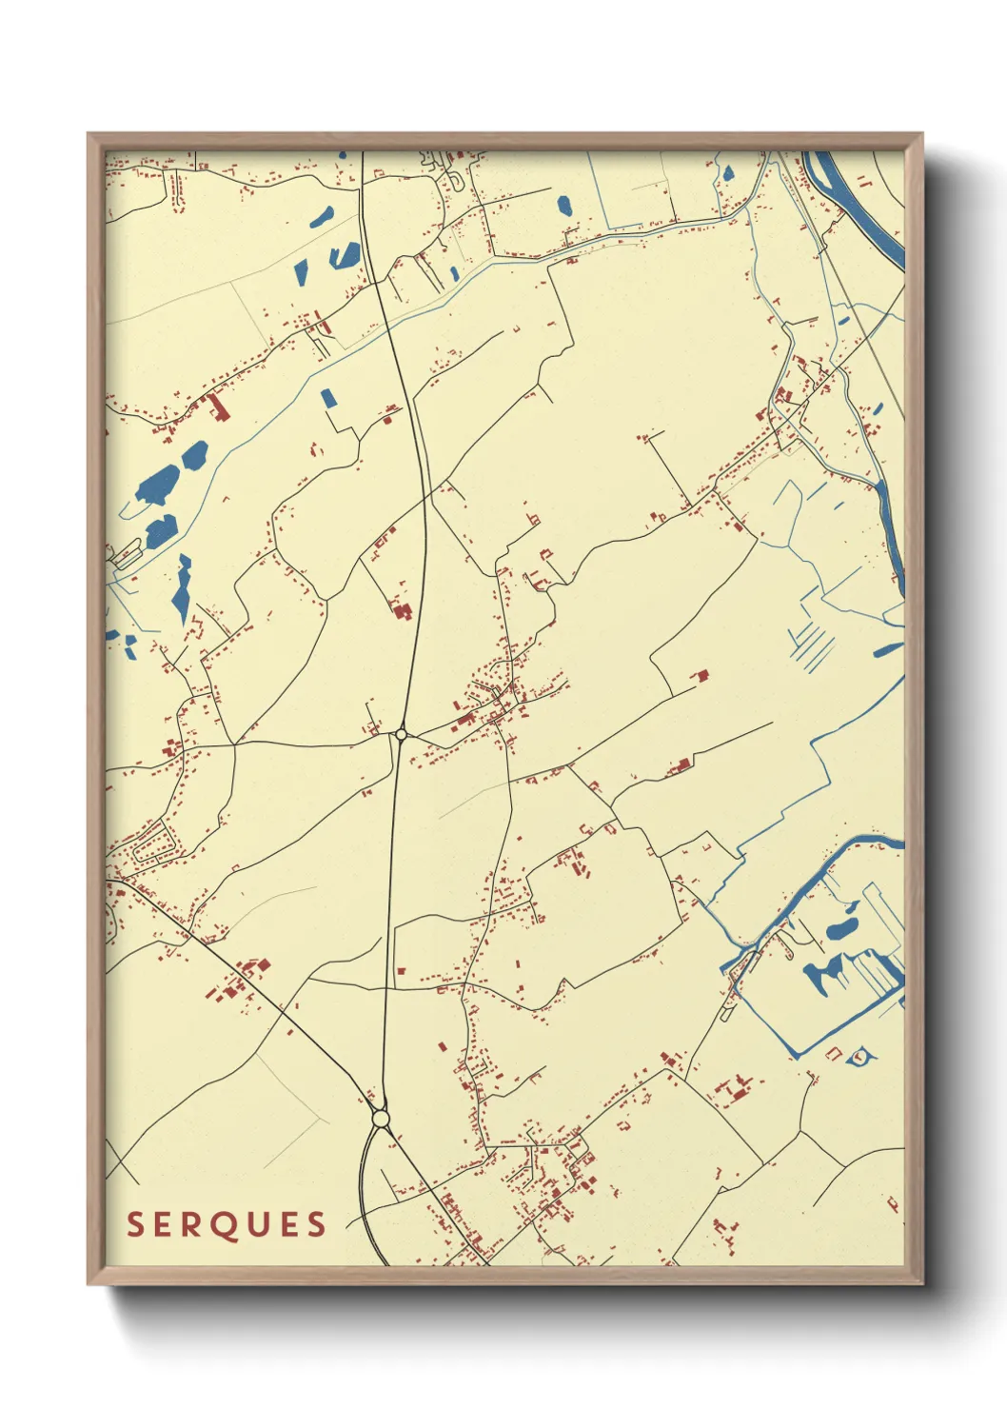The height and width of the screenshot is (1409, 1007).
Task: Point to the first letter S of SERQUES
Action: tap(135, 1224)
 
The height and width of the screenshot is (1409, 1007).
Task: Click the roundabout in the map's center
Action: tap(401, 734)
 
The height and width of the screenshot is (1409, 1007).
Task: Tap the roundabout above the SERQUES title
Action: tap(381, 1119)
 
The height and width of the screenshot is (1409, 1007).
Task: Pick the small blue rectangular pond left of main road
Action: tap(328, 397)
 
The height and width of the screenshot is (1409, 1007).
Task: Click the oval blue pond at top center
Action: tap(563, 206)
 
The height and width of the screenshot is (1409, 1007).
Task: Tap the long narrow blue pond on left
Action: tap(182, 588)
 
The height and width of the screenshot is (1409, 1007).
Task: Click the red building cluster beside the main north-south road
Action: tap(402, 610)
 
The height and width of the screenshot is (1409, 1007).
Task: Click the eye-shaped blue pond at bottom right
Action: tap(859, 1056)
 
